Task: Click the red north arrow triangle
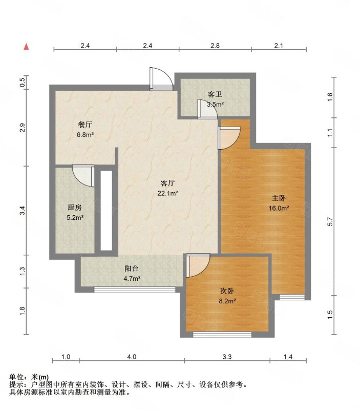coord(26,47)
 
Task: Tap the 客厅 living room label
coord(167,183)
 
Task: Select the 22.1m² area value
coord(167,194)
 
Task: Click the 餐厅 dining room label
coord(85,125)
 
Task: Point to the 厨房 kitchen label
coord(75,208)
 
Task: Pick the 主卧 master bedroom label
coord(279,198)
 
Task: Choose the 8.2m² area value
coord(227,301)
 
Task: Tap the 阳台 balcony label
coord(132,268)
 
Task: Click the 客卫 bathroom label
coord(215,94)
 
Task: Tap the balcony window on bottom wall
coord(135,289)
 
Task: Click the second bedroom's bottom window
coord(222,335)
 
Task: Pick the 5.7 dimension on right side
coord(330,222)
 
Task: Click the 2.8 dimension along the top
coord(215,46)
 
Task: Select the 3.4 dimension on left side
coord(23,211)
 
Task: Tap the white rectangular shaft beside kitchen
coord(107,211)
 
